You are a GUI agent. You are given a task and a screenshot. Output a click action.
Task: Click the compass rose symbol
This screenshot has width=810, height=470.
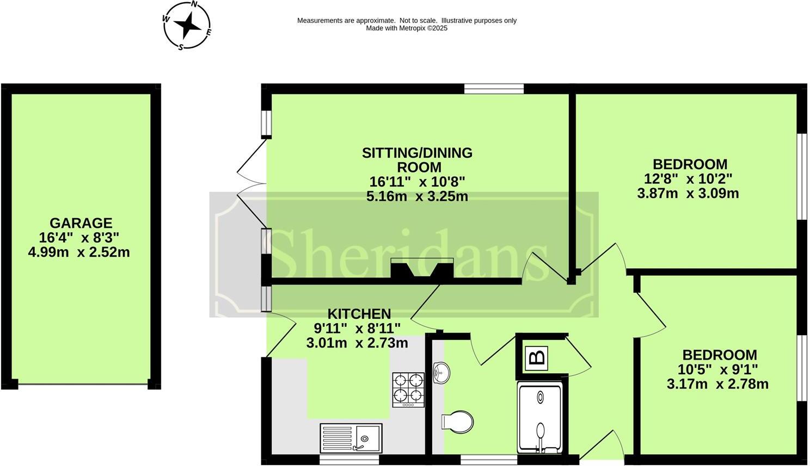(x=187, y=25)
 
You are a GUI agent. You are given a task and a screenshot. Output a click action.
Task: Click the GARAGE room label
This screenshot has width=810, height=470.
(x=81, y=223)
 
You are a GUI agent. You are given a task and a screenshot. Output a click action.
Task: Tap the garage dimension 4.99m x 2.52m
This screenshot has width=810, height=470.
(x=79, y=252)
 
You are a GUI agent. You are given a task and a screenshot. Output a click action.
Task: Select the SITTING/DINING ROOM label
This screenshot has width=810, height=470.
(x=417, y=160)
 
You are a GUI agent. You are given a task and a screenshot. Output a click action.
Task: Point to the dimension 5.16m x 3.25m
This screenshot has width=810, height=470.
(x=417, y=196)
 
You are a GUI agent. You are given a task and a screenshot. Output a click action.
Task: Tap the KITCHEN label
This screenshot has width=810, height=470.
(x=359, y=314)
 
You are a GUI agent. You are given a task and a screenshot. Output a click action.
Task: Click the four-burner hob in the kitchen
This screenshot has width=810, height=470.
(x=408, y=389)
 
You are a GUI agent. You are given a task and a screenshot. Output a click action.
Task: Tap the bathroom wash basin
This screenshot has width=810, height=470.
(x=441, y=373)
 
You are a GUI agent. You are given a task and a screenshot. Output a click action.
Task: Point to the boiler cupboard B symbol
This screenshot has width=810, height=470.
(x=537, y=357)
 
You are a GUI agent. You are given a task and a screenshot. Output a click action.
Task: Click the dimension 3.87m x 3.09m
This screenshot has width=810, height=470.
(x=688, y=193)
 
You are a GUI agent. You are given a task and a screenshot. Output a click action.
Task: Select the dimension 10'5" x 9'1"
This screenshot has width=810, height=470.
(x=717, y=369)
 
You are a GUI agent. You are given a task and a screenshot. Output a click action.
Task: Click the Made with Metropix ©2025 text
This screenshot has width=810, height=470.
(x=406, y=28)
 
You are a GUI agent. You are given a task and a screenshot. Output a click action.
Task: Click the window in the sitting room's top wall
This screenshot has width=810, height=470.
(x=494, y=89)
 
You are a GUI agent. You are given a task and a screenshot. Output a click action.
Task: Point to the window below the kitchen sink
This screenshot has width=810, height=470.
(x=349, y=460)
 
